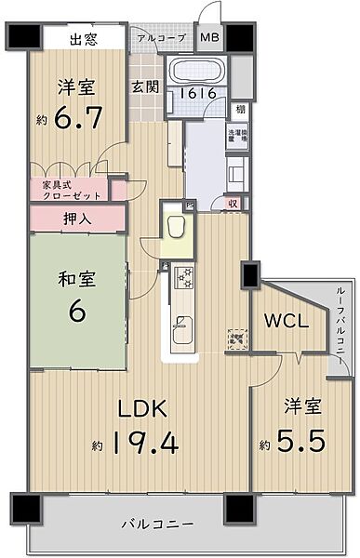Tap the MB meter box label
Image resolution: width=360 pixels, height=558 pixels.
[209, 38]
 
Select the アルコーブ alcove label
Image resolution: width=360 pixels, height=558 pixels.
[160, 38]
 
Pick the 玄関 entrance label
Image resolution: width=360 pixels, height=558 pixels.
[144, 86]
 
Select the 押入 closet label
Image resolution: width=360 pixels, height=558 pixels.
[76, 219]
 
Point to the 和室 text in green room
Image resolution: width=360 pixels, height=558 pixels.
[76, 277]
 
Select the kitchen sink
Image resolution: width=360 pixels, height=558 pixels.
[182, 329]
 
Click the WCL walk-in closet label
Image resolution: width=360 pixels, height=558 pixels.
[286, 322]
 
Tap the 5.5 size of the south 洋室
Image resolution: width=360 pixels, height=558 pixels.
[300, 440]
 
